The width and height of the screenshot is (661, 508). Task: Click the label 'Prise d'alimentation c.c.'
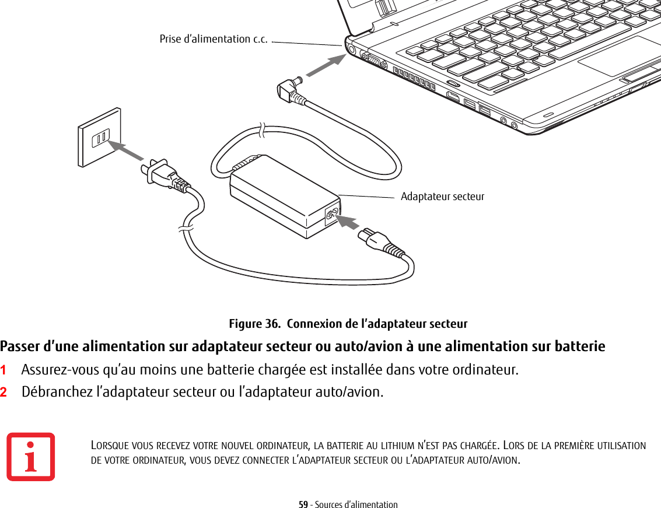(x=214, y=39)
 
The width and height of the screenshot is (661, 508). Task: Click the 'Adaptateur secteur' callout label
(x=442, y=197)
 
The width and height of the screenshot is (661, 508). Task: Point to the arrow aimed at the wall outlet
(x=127, y=150)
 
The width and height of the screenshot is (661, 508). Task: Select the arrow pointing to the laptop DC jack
(x=326, y=65)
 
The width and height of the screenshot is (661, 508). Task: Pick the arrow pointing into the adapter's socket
(x=348, y=222)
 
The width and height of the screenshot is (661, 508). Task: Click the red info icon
(x=31, y=457)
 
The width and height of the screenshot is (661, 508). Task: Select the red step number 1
(x=4, y=370)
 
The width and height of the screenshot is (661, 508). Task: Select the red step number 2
(x=4, y=391)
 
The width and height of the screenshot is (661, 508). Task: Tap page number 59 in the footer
(x=303, y=505)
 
